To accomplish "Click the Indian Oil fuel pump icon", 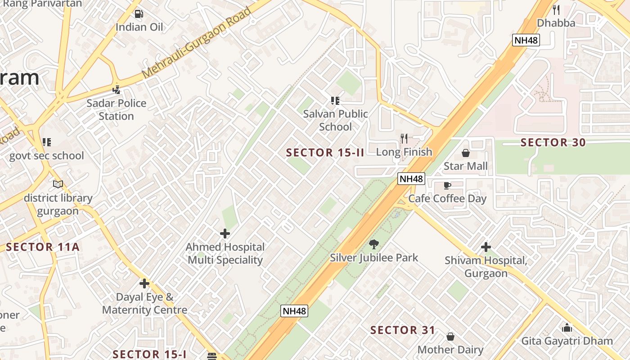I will [139, 14].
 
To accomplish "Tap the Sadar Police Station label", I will [117, 109].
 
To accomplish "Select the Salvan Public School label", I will [335, 120].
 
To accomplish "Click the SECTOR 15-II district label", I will [325, 153].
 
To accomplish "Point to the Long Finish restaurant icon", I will [404, 139].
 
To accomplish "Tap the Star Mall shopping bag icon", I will [465, 153].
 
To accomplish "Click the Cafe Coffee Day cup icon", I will [447, 185].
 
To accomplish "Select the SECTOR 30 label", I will [553, 143].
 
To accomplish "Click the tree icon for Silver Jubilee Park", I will [373, 244].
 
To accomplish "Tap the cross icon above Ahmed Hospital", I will [225, 234].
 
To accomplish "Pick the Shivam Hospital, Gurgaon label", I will [486, 267].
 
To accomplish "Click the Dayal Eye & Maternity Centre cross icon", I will [144, 283].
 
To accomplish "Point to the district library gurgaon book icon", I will [58, 184].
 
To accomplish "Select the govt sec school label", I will [47, 156].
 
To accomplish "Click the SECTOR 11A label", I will [43, 247].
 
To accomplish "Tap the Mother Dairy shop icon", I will [450, 337].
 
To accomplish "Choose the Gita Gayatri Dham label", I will [567, 341].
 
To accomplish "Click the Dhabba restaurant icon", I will [556, 10].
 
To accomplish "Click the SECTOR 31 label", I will [403, 330].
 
